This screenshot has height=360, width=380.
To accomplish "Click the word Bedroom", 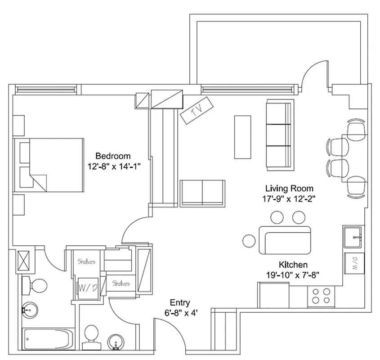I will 112,156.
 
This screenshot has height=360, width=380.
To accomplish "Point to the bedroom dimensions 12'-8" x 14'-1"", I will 114,166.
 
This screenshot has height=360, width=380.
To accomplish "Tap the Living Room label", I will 289,189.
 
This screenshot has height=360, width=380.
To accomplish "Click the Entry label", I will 179,302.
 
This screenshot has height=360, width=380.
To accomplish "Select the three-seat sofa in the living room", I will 279,135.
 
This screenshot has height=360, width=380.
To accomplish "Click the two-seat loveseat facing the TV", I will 202,193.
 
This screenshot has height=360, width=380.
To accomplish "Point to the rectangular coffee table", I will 242,137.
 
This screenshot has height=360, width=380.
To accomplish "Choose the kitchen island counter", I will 285,240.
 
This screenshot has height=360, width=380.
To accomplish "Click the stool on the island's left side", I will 249,241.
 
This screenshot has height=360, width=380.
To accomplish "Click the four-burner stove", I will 322,295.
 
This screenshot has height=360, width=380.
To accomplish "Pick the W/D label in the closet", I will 88,287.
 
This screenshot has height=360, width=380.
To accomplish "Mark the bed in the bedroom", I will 49,165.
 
